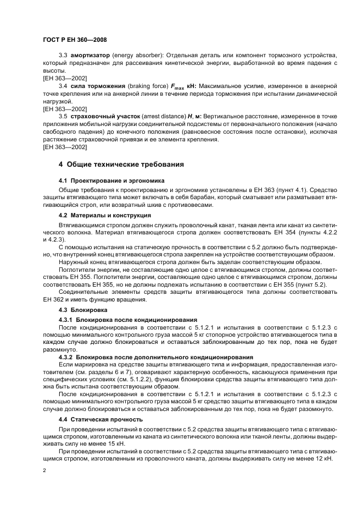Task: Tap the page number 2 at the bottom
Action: coord(44,470)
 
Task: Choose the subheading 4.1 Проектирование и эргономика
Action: coord(111,180)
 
